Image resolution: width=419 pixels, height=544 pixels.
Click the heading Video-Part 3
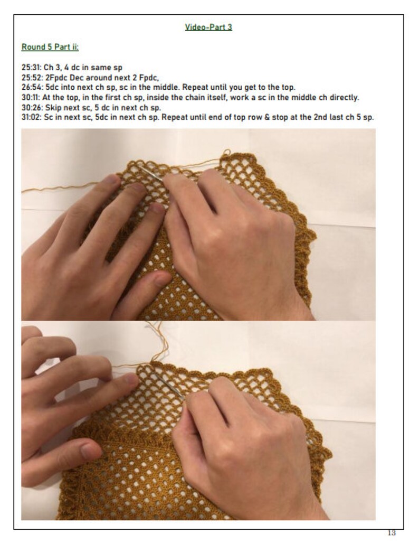208,27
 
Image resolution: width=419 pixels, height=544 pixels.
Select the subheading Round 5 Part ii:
50,47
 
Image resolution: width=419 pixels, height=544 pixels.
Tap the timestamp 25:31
30,68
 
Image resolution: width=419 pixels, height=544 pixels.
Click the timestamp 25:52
30,78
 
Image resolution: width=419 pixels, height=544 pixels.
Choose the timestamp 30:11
29,98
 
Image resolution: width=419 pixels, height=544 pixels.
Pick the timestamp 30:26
30,108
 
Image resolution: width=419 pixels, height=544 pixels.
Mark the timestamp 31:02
30,117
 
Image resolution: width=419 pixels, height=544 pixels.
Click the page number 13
391,532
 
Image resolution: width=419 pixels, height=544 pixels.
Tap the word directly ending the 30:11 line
346,98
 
